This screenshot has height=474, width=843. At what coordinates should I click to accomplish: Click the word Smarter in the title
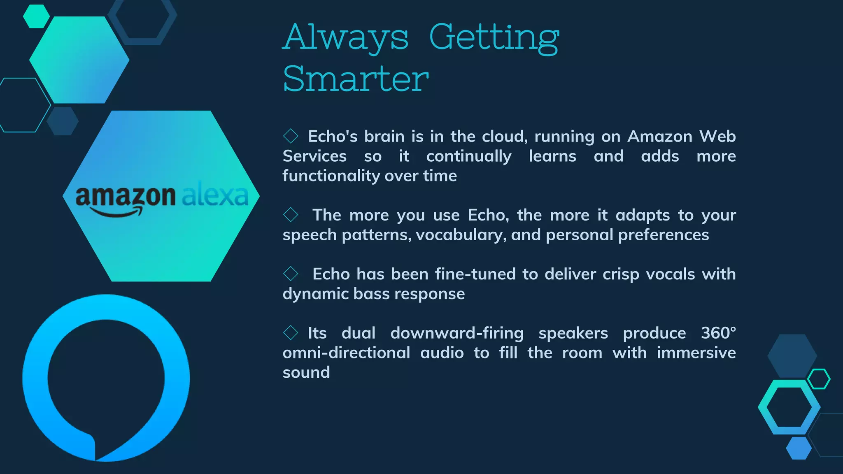(356, 79)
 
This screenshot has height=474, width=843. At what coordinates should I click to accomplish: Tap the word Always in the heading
(346, 38)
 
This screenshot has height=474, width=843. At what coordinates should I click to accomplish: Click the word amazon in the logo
(125, 196)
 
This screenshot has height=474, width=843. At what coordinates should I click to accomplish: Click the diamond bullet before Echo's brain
(291, 136)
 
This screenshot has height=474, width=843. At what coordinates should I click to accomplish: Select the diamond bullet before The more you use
(291, 215)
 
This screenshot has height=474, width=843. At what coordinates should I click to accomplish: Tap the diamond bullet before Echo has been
(291, 274)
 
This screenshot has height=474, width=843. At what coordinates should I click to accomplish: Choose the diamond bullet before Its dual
(291, 333)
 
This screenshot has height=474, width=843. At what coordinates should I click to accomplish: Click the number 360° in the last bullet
(718, 333)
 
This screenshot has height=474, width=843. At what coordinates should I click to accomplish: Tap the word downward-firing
(456, 333)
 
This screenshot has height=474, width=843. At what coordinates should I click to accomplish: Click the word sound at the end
(306, 372)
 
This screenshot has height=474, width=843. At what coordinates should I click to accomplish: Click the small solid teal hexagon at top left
(36, 16)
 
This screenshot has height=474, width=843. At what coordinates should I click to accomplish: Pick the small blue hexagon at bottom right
(799, 448)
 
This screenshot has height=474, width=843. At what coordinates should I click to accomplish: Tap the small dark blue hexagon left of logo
(63, 121)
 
